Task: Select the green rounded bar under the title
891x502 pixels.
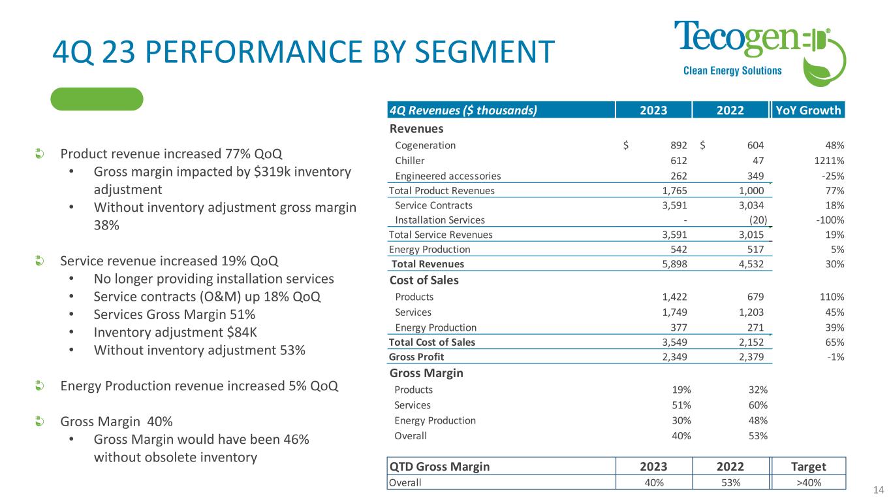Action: point(97,99)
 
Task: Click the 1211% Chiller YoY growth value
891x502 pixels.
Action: point(830,160)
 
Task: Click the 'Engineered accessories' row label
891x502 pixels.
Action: point(448,176)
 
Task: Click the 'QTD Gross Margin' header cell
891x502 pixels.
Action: point(439,466)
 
